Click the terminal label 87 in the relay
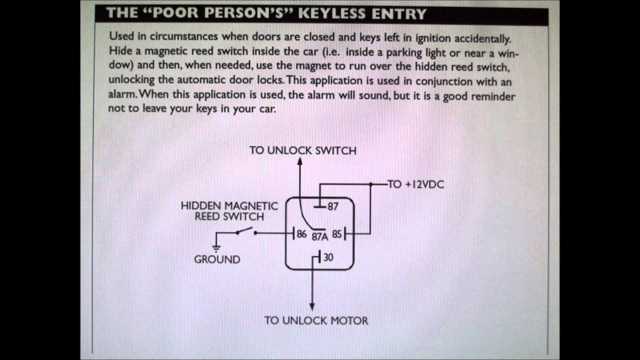[333, 206]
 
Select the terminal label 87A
[320, 236]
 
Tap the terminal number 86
[301, 233]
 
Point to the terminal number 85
[336, 233]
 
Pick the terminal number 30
[328, 257]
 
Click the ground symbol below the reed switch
[216, 247]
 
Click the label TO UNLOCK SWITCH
[303, 150]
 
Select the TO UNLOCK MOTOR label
[316, 320]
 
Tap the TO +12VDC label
[416, 184]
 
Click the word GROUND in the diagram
[217, 259]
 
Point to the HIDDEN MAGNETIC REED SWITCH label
[222, 211]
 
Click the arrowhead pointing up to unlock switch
[299, 161]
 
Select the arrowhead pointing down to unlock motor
[312, 306]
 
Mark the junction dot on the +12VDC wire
[370, 184]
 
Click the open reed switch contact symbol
[244, 231]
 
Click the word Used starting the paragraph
[120, 37]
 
